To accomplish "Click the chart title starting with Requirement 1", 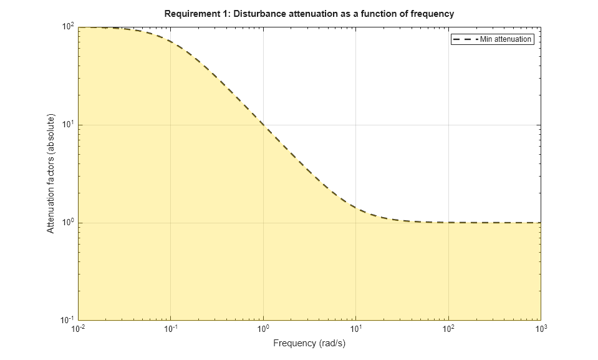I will [309, 13].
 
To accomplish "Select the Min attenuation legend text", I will [506, 39].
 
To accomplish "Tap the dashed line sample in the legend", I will [465, 39].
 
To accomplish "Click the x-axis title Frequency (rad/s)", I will [309, 343].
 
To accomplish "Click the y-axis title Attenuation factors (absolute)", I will [51, 173].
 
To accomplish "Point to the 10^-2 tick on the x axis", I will [78, 328].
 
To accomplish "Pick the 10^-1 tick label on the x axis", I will [170, 328].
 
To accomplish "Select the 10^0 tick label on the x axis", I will [263, 328].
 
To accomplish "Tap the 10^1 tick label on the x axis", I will [355, 328].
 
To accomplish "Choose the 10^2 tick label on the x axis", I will [448, 328].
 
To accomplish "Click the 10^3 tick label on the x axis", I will [540, 328].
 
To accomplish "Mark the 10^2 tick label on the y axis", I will [68, 27].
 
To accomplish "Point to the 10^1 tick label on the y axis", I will [68, 125].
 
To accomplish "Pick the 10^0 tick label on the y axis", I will [68, 223].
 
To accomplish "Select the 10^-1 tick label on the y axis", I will [67, 320].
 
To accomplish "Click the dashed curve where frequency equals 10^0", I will [263, 124].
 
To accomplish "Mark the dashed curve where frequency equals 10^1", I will [355, 208].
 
